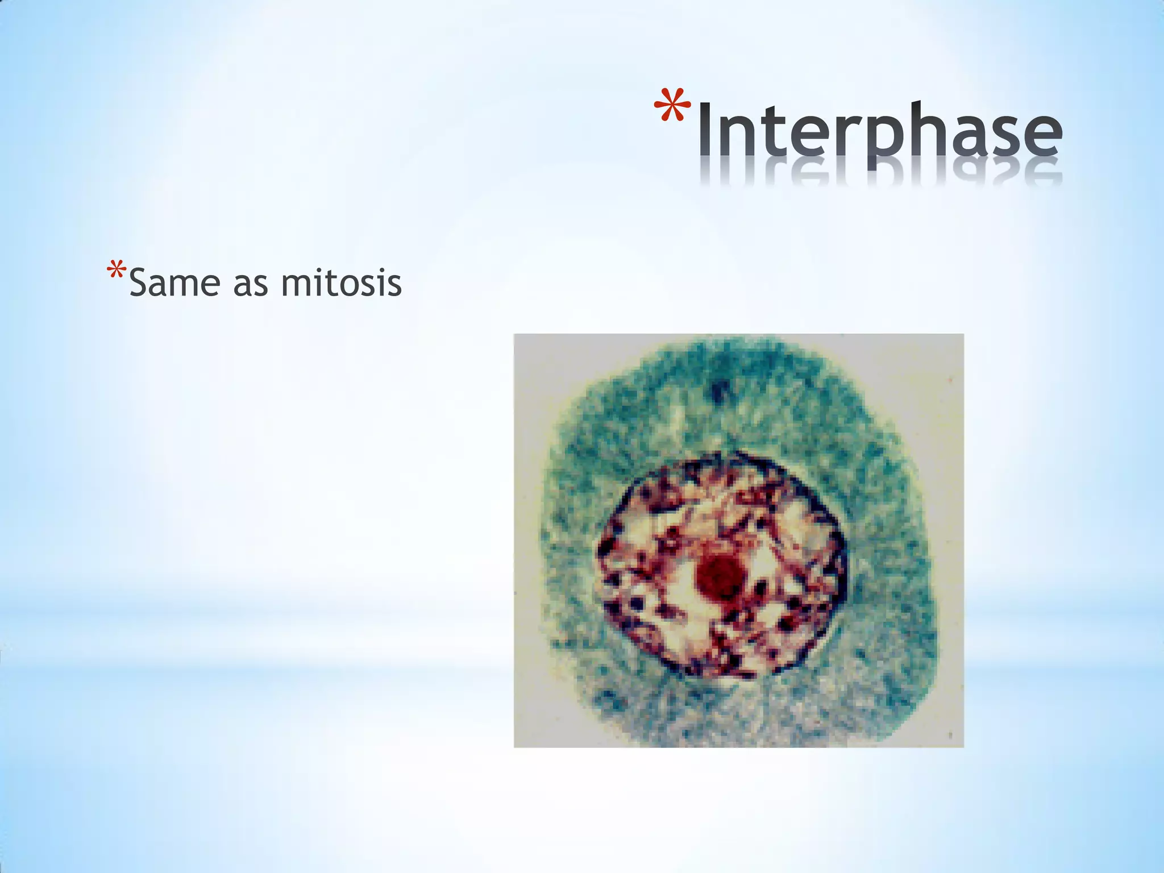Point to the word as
(251, 285)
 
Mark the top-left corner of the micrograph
(515, 335)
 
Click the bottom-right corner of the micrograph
(963, 746)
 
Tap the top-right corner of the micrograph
(963, 335)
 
